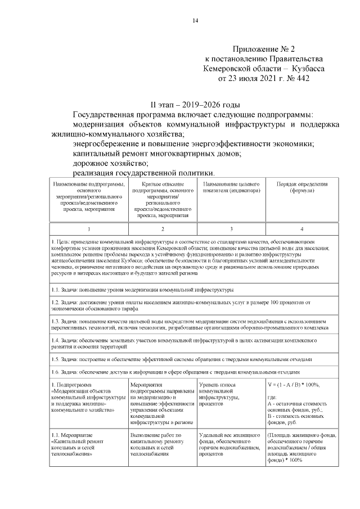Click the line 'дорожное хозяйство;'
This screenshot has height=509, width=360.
click(110, 163)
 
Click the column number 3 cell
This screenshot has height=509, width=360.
click(231, 229)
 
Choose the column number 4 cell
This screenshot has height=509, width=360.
click(302, 229)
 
